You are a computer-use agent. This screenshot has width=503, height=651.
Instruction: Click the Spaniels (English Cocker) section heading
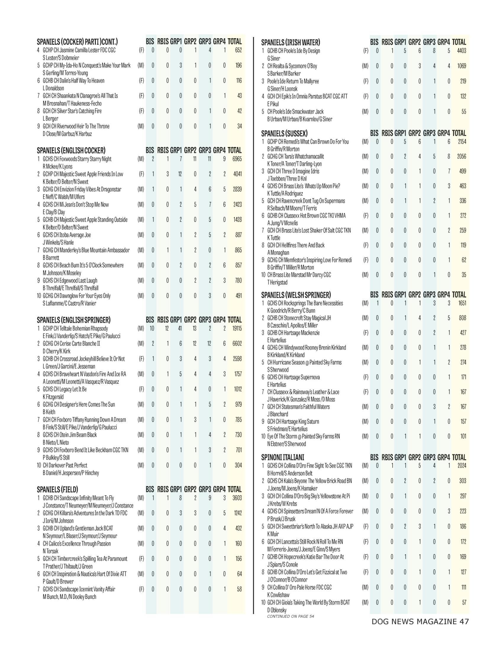coord(71,150)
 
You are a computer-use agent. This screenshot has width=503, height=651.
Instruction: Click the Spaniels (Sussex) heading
coord(284,133)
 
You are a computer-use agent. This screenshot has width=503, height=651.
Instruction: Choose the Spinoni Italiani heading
coord(283,457)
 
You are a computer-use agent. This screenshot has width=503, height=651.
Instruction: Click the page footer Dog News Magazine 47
coord(420,621)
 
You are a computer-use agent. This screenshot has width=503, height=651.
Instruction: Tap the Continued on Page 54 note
coord(290,616)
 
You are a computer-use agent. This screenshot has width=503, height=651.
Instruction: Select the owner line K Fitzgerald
coord(53,397)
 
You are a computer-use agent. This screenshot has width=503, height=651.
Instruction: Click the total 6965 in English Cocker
coord(237,159)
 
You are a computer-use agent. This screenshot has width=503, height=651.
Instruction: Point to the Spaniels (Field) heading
coord(57,489)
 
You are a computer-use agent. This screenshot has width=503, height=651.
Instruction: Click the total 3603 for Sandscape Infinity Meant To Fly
coord(237,498)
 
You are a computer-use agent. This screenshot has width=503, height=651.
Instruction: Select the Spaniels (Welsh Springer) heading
coord(296,295)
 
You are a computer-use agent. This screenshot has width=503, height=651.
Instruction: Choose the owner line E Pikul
coord(273,104)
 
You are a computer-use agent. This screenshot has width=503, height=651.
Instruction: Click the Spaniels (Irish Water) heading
coord(291,42)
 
